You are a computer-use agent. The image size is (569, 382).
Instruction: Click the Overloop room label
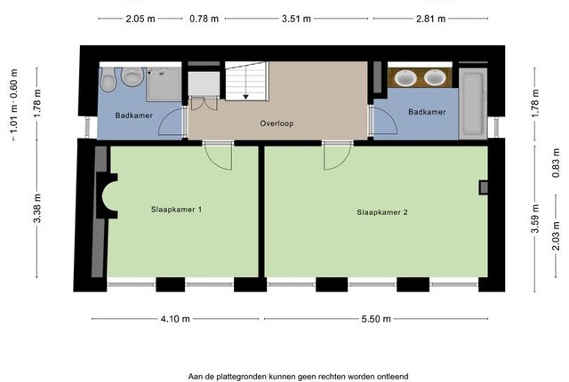point(276,123)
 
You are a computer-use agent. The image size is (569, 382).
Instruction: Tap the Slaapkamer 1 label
point(176,210)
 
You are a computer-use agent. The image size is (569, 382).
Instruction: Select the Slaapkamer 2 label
point(382,212)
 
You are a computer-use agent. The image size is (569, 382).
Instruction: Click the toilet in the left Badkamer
point(108,80)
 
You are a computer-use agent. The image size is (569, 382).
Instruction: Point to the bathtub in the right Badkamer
point(473,103)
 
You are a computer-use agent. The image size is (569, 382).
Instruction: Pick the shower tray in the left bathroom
point(164,84)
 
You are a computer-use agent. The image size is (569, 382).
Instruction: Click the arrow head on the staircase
point(245,97)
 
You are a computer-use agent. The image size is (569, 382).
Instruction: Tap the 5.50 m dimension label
point(376,319)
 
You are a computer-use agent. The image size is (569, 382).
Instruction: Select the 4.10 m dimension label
point(175,319)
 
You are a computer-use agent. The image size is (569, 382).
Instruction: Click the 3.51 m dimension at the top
point(296,19)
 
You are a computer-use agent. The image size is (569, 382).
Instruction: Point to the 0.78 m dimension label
point(204,19)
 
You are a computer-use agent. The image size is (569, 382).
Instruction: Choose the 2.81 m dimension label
point(430,19)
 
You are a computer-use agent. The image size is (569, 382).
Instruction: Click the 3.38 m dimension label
point(37,209)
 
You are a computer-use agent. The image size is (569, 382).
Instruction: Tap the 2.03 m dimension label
point(556,236)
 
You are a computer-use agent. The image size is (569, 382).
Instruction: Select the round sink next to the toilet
point(132,76)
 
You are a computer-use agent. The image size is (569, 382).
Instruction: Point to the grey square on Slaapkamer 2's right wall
point(484,187)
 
